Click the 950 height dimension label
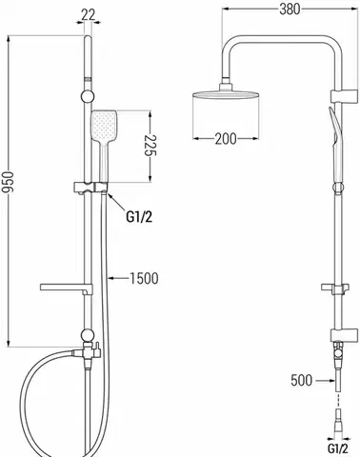[7, 182]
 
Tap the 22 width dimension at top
[88, 15]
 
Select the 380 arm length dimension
[290, 10]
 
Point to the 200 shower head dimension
[226, 139]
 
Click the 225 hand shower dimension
[150, 146]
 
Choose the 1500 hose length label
[144, 278]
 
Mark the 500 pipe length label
[301, 380]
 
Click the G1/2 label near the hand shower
[139, 217]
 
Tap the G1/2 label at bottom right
[337, 449]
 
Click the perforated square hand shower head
[104, 126]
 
